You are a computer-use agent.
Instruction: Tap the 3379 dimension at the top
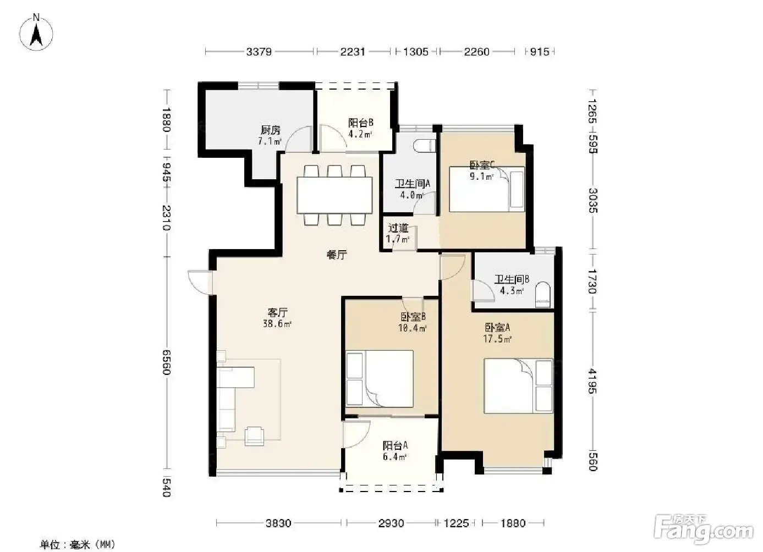click(x=259, y=52)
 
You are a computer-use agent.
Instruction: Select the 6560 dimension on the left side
click(x=166, y=362)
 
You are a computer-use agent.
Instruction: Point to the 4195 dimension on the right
click(x=592, y=381)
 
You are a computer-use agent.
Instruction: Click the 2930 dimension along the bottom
click(x=391, y=523)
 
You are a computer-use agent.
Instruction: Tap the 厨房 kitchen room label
click(x=271, y=130)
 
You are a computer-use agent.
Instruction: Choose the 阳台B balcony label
click(x=361, y=122)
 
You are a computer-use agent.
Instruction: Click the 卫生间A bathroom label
click(x=413, y=184)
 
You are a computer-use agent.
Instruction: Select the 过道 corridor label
click(x=398, y=228)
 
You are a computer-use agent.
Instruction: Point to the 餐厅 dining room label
click(x=337, y=255)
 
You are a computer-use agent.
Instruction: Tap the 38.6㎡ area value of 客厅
click(x=277, y=324)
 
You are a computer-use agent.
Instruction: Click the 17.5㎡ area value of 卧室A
click(x=497, y=339)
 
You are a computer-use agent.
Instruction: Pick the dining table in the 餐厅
click(x=334, y=195)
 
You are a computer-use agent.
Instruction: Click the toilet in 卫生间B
click(x=543, y=294)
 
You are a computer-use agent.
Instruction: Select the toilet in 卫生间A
click(x=425, y=146)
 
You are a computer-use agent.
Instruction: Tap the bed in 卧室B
click(x=380, y=379)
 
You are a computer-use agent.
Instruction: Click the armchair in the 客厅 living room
click(x=255, y=436)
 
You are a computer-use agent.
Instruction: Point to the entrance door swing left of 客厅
click(x=200, y=282)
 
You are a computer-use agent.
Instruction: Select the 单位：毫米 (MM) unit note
click(x=78, y=544)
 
